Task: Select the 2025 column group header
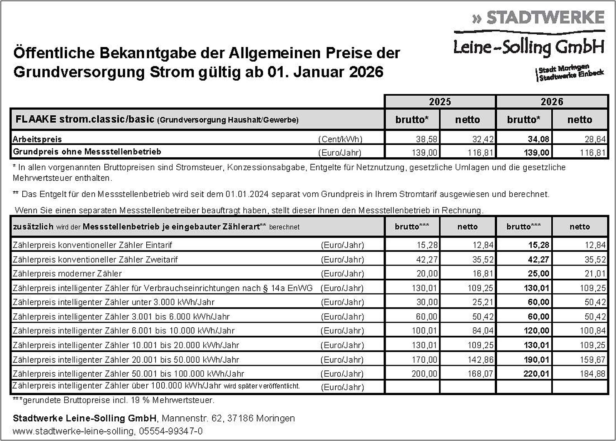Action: pyautogui.click(x=440, y=102)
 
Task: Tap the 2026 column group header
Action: pyautogui.click(x=552, y=102)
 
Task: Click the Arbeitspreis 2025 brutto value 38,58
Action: pyautogui.click(x=427, y=139)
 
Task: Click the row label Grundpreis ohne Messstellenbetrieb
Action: pyautogui.click(x=87, y=152)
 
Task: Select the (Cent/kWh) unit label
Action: pyautogui.click(x=340, y=139)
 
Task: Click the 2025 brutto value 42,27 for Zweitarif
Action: pyautogui.click(x=427, y=259)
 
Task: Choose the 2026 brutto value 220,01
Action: pyautogui.click(x=536, y=374)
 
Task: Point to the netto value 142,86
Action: pyautogui.click(x=480, y=359)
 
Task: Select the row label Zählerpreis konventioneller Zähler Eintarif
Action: pyautogui.click(x=92, y=245)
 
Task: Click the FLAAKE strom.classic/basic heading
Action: pyautogui.click(x=85, y=120)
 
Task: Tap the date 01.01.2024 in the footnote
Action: pyautogui.click(x=249, y=194)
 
